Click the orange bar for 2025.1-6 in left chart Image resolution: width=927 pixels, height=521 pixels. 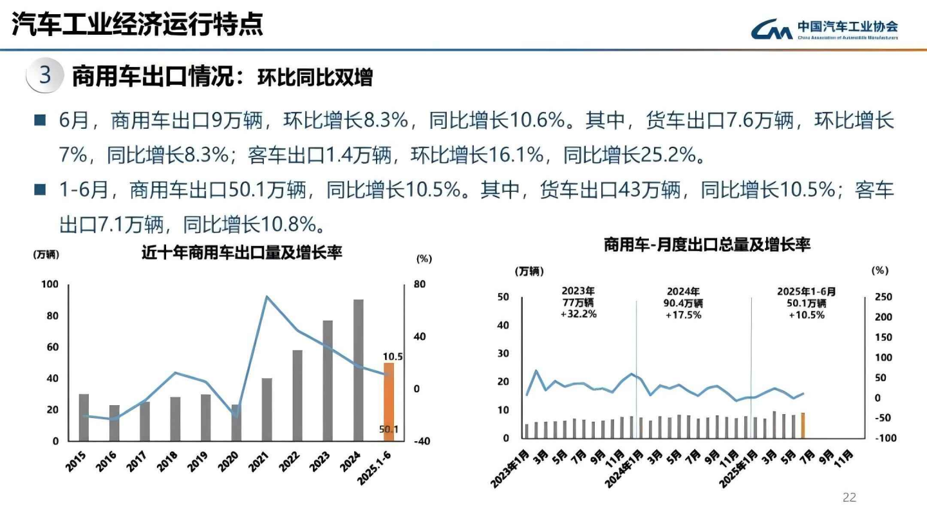coord(388,402)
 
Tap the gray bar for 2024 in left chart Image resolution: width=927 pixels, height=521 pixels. coord(358,370)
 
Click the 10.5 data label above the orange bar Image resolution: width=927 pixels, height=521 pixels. coord(392,356)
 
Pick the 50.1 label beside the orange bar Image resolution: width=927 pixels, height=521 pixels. coord(388,429)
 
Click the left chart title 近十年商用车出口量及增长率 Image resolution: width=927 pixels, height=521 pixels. coord(241,253)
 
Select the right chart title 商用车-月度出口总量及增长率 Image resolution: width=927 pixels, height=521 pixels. coord(706,245)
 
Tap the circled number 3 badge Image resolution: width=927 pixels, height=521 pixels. coord(45,76)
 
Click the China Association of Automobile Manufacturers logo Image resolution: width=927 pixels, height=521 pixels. coord(824,29)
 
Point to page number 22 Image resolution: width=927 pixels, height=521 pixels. coord(850,497)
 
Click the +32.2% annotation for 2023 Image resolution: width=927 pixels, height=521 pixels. coord(578,314)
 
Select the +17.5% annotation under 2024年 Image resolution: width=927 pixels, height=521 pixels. coord(683,314)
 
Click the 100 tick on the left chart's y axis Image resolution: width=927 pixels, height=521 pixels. coord(50,285)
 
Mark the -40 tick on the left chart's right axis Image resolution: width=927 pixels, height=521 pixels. coord(421,441)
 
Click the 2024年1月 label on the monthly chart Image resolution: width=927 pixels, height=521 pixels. coord(622,465)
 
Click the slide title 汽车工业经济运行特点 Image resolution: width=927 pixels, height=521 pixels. coord(138,26)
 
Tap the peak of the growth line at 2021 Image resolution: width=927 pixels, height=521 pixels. coord(267,297)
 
